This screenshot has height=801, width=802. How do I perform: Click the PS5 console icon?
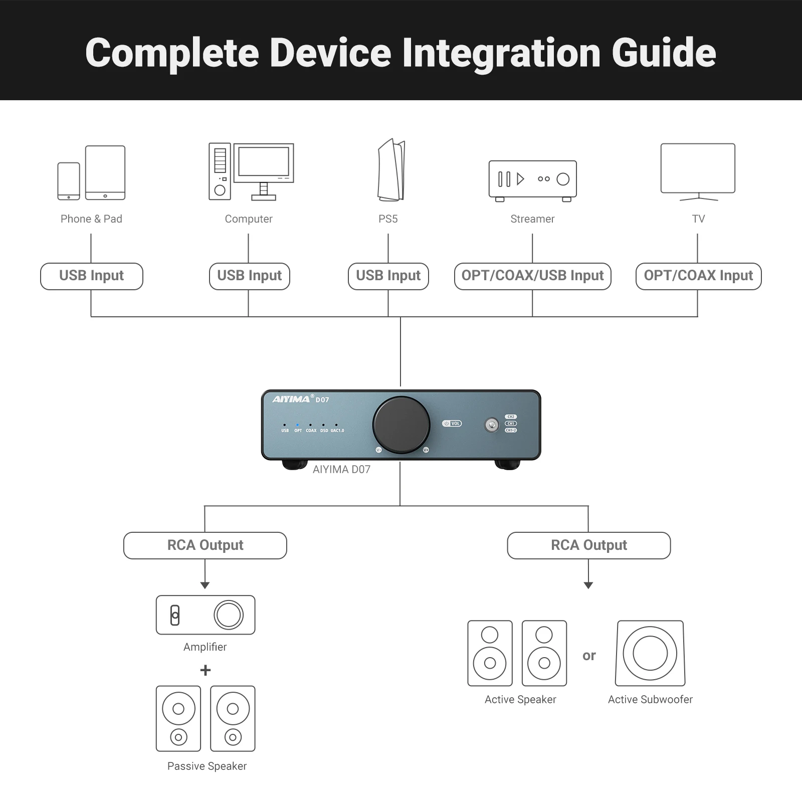[391, 170]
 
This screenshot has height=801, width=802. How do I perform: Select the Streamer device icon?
[532, 179]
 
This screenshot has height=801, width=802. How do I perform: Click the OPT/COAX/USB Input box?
[532, 276]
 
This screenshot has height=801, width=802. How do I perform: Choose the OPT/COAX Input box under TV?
[698, 276]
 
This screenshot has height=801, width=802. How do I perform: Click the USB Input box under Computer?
[249, 276]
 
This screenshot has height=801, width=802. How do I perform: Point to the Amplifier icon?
[206, 615]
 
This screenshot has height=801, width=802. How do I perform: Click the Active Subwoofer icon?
[650, 653]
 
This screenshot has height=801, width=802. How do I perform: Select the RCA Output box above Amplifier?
[205, 545]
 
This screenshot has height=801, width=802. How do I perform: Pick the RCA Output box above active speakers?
[588, 545]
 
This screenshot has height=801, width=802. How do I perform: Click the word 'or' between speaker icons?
[589, 656]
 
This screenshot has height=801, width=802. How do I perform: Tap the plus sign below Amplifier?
[206, 670]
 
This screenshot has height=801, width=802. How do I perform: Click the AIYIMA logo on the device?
[291, 399]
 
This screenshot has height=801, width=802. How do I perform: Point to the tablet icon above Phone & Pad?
[105, 172]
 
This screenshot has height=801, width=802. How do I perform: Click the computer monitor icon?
[264, 163]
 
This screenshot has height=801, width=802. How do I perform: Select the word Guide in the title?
[664, 53]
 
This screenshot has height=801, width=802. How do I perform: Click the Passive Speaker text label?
[207, 766]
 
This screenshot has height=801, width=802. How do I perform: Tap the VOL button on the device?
[452, 424]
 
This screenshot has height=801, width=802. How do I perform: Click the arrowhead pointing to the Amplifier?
[205, 585]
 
